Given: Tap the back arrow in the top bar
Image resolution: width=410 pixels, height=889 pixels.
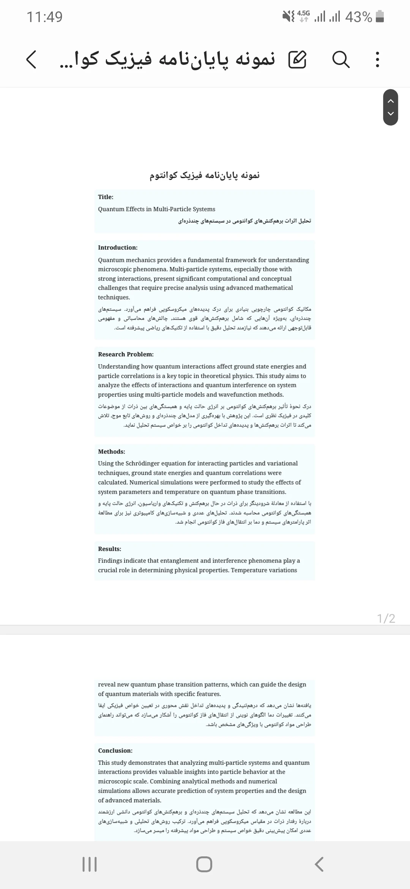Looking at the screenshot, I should click(x=31, y=60).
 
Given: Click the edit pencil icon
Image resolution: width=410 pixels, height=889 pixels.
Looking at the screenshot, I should click(x=297, y=60).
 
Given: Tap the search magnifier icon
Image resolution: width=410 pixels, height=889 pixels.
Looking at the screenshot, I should click(x=341, y=60).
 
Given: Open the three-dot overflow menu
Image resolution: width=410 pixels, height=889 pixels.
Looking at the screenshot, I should click(x=377, y=60).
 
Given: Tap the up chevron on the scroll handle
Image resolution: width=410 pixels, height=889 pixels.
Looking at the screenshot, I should click(x=391, y=101).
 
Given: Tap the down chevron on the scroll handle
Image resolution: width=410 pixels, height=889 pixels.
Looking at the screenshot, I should click(x=391, y=114).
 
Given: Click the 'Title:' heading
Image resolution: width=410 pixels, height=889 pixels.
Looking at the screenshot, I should click(x=106, y=197).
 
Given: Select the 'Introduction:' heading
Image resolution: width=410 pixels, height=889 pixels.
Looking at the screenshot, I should click(x=118, y=247).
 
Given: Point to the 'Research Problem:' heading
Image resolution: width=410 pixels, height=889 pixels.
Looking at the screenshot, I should click(x=126, y=354).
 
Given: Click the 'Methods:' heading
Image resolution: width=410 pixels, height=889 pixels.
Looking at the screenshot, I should click(x=112, y=451).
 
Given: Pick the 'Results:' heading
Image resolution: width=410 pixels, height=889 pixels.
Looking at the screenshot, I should click(x=110, y=549).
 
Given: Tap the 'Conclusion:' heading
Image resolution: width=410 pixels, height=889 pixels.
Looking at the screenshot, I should click(x=115, y=750).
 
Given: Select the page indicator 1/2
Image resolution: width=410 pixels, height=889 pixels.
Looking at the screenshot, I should click(x=386, y=619).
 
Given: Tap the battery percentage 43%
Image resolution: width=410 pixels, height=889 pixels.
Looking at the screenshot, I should click(x=358, y=17).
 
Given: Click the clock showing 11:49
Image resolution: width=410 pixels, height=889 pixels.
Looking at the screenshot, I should click(x=44, y=17).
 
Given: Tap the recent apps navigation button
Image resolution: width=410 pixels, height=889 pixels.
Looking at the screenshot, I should click(x=90, y=864).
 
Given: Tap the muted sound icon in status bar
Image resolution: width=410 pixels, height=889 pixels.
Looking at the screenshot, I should click(x=289, y=16).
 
